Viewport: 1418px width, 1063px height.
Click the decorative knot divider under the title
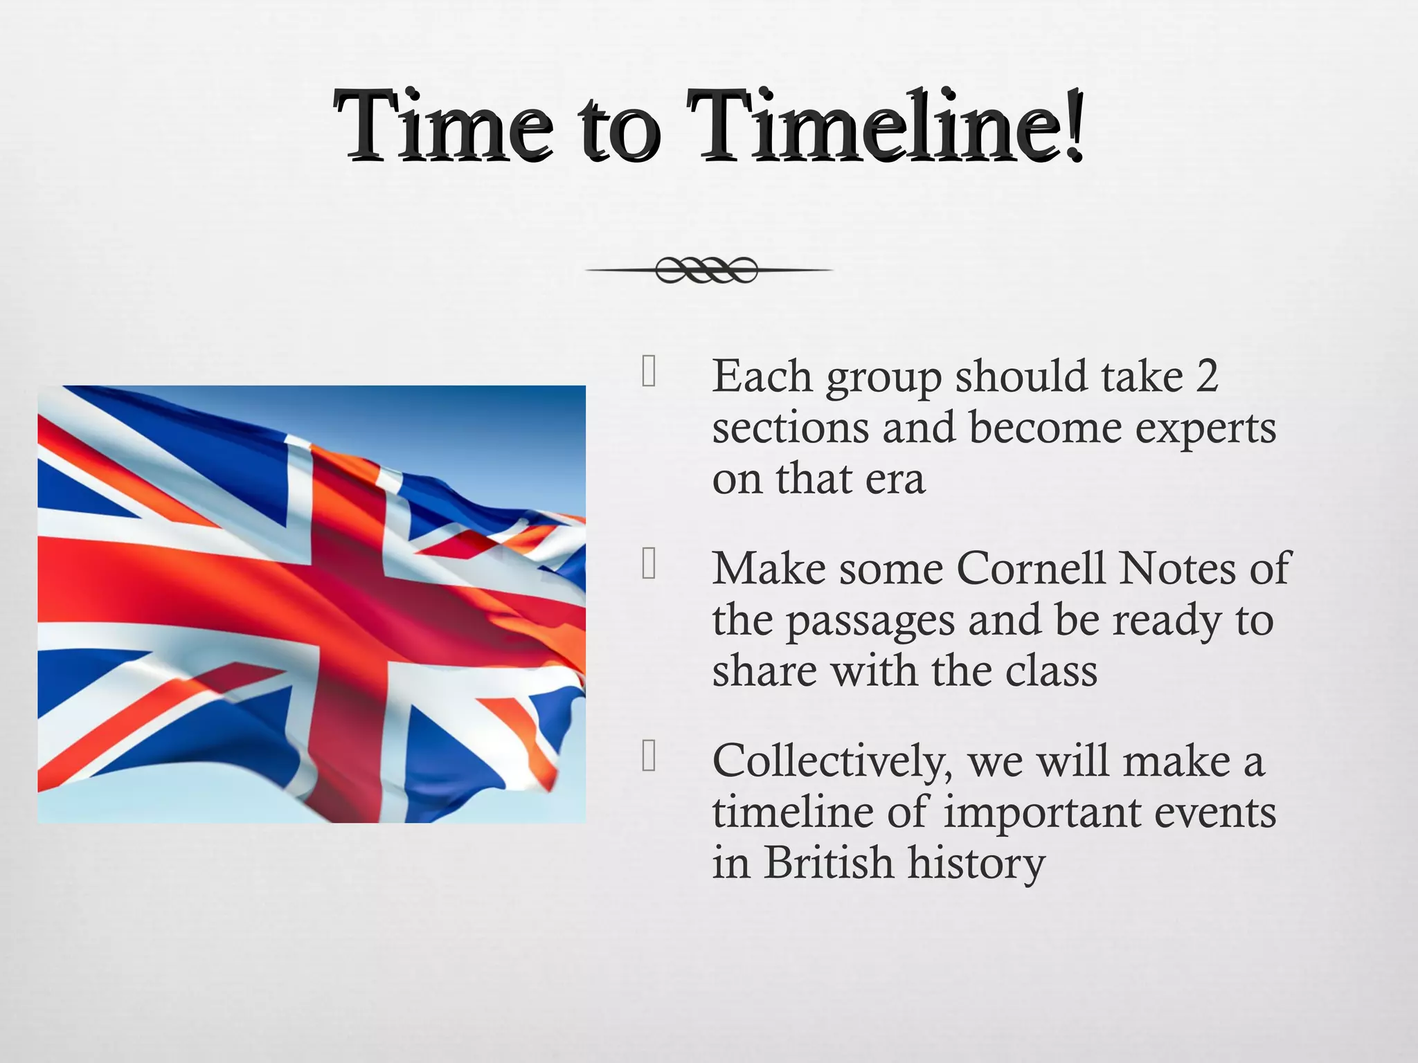click(x=707, y=270)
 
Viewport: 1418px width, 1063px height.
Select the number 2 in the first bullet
click(x=1206, y=377)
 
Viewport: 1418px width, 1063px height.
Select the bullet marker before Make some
click(x=649, y=563)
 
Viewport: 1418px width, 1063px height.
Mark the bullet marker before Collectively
click(x=649, y=756)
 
